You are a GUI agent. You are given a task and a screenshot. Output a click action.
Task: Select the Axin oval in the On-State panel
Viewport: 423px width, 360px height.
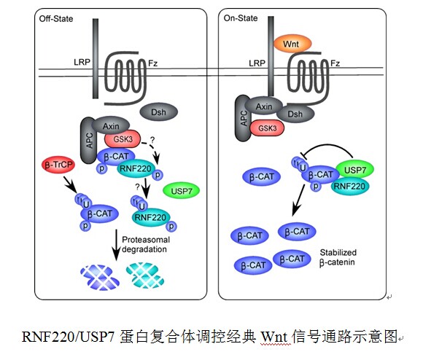point(263,106)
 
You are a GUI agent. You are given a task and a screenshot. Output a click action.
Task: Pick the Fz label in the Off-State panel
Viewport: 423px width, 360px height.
point(152,64)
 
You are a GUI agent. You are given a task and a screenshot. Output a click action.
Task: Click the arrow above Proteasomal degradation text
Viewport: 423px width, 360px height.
point(117,245)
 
